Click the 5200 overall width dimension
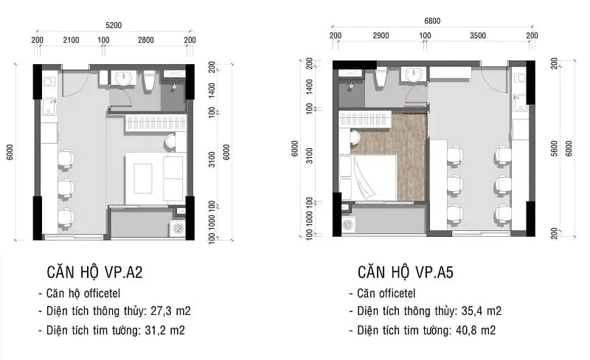(114, 25)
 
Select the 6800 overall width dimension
(432, 21)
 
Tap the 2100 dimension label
(71, 40)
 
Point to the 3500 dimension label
(478, 35)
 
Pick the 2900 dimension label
(381, 35)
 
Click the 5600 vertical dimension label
(555, 148)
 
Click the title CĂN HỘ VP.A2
(95, 272)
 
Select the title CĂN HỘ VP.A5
(406, 272)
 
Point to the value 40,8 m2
(476, 330)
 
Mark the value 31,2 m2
(164, 330)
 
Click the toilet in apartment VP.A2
(150, 80)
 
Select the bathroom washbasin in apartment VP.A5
(412, 75)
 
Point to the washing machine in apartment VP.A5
(349, 224)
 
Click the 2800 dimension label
(146, 40)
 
